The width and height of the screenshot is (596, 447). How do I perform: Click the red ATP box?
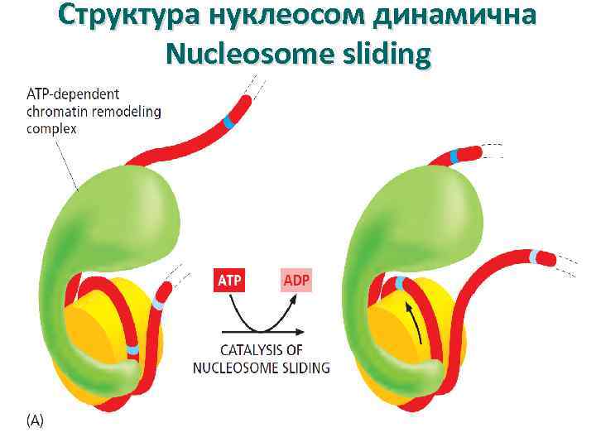pos(229,281)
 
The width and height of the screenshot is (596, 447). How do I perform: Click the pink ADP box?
pos(296,281)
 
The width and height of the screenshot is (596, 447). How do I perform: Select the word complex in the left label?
pos(51,128)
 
